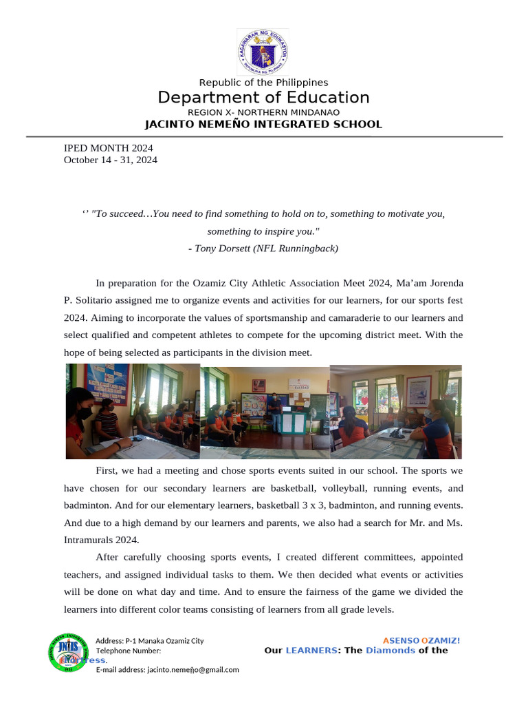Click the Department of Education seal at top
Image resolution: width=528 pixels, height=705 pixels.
[263, 52]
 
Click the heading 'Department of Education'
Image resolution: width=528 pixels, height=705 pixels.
[263, 98]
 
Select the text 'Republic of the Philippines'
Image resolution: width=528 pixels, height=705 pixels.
[263, 83]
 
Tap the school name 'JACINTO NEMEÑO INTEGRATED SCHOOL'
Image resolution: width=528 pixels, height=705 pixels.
[263, 125]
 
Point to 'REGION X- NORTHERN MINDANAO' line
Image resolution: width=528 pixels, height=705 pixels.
[263, 112]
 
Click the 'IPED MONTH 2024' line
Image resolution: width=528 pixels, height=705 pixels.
[108, 148]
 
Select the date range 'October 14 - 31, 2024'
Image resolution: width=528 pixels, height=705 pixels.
[110, 160]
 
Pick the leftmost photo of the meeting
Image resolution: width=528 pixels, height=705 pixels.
[132, 412]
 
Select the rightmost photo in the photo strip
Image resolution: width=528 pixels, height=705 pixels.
[396, 412]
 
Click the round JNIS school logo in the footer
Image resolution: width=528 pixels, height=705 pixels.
[69, 651]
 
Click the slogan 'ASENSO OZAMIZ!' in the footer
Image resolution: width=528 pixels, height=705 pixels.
[421, 640]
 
